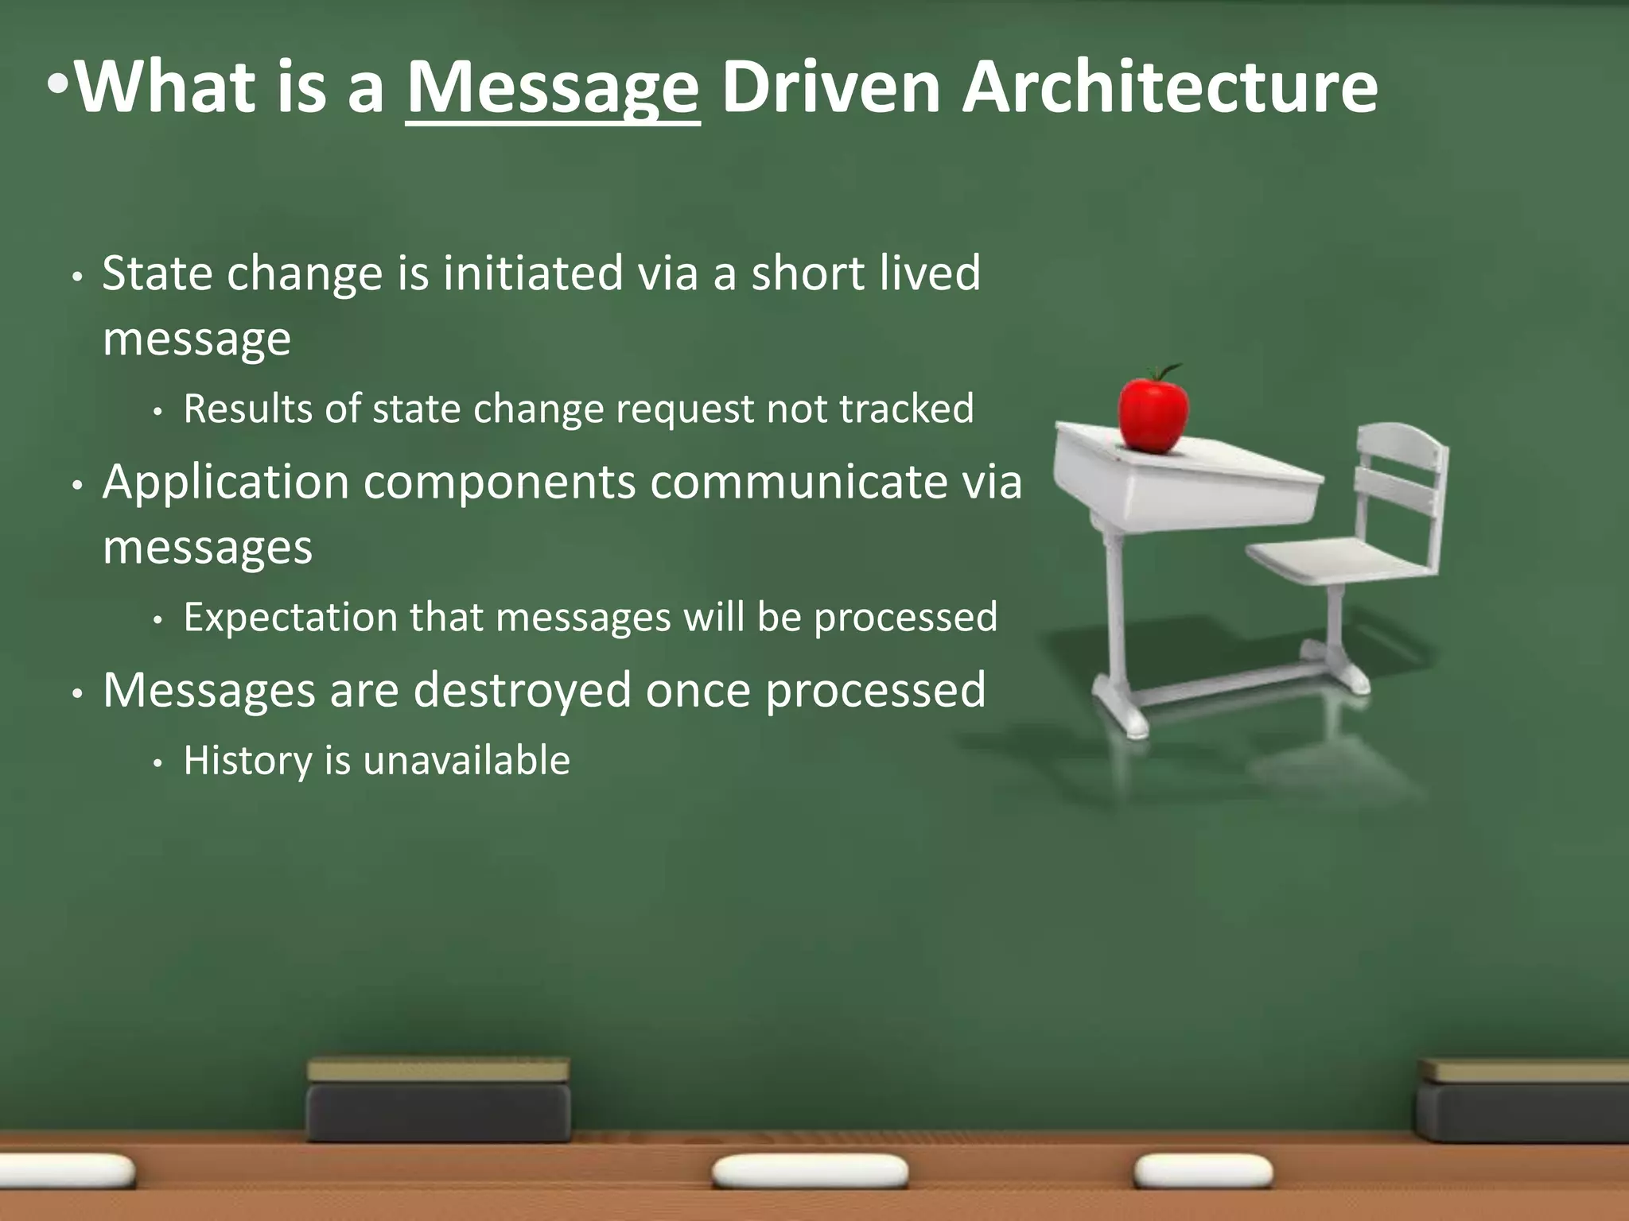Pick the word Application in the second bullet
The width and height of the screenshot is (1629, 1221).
pos(226,483)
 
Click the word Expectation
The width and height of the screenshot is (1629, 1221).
pos(290,618)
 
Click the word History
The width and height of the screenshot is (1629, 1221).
pos(247,761)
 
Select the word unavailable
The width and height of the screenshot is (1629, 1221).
pos(466,761)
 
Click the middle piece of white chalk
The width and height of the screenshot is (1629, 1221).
pos(810,1172)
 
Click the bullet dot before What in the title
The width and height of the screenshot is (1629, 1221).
pos(58,84)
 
